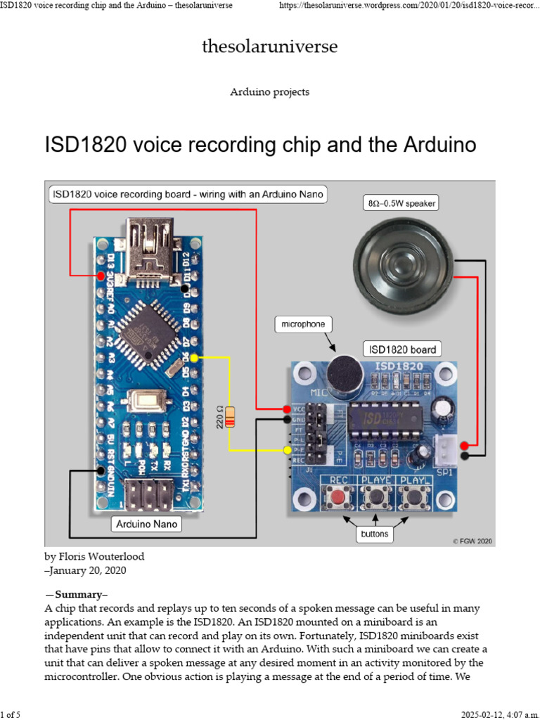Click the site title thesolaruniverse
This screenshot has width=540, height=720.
tap(269, 47)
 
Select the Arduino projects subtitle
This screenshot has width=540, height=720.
tap(269, 92)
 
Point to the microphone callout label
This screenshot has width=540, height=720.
tap(304, 324)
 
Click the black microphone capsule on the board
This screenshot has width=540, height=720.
tap(342, 373)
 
